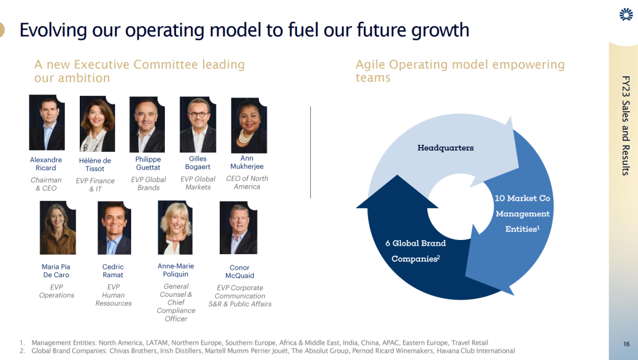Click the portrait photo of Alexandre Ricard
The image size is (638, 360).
(x=47, y=122)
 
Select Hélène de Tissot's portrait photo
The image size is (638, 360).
(x=97, y=124)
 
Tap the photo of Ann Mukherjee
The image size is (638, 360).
(x=249, y=125)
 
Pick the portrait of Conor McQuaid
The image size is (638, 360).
(x=239, y=228)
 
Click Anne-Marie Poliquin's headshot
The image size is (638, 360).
(x=175, y=228)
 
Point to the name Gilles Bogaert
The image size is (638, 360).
(x=198, y=163)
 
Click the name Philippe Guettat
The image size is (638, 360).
(x=148, y=163)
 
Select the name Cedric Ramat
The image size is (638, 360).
(x=113, y=271)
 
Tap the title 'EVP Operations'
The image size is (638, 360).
(x=57, y=291)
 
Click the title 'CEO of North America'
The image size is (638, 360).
(x=247, y=183)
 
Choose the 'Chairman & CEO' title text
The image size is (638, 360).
(x=46, y=184)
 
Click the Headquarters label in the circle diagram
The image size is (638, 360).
(x=445, y=148)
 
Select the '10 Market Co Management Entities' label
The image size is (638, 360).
(x=522, y=213)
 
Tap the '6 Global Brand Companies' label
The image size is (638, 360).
(x=415, y=251)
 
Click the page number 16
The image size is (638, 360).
(x=626, y=344)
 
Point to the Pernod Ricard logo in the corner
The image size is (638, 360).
(x=626, y=14)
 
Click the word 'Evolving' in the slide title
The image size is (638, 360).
(x=53, y=31)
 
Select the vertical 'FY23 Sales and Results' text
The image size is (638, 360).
(x=626, y=125)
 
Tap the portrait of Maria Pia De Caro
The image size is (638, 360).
(x=58, y=228)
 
